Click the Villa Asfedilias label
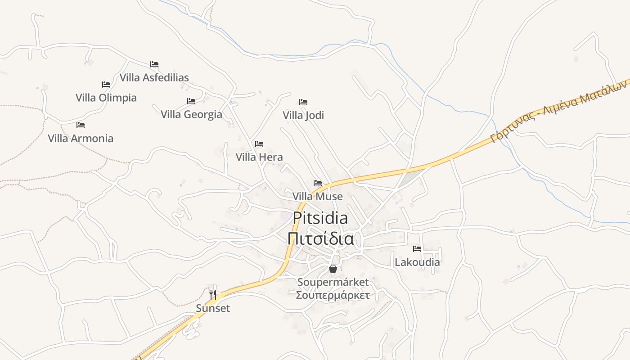(x=154, y=77)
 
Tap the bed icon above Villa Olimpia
(x=106, y=85)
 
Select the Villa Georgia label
(x=191, y=114)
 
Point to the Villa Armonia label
(x=81, y=138)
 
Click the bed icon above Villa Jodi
(x=303, y=102)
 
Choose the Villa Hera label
(x=259, y=157)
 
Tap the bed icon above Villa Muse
(x=318, y=183)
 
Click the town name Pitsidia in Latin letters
(x=320, y=218)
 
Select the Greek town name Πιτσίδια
(x=320, y=239)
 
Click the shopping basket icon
(x=333, y=269)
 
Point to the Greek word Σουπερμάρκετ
(x=333, y=296)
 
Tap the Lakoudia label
(x=417, y=262)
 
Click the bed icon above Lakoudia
(x=417, y=248)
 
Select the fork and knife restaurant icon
(x=213, y=295)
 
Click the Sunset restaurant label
(x=213, y=308)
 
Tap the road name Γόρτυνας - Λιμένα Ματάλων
(x=560, y=110)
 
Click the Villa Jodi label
(x=303, y=115)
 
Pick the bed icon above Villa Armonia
(x=81, y=125)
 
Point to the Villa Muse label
(x=318, y=197)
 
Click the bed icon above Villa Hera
(x=259, y=144)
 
